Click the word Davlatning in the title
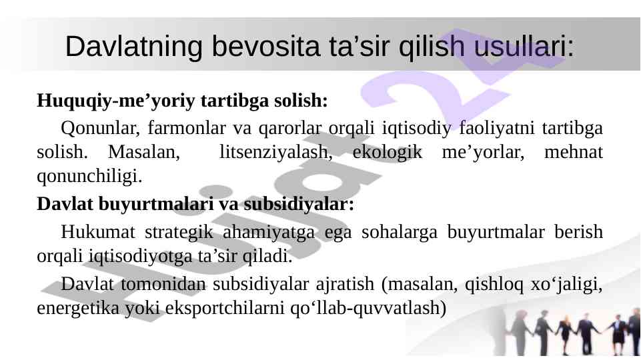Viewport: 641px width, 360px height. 133,47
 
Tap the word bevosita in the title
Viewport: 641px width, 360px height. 265,46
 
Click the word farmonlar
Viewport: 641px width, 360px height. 186,128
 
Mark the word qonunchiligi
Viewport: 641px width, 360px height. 89,177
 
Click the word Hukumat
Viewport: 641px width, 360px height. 97,232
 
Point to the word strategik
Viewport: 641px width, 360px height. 179,233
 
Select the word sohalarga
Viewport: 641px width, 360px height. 400,233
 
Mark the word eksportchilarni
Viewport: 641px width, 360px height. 224,308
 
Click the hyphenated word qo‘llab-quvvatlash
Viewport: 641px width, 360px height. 368,308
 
